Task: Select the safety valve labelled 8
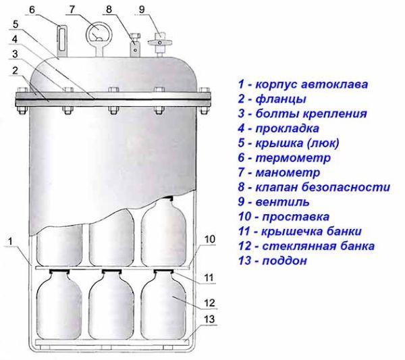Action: tap(134, 45)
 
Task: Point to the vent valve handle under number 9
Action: tap(160, 42)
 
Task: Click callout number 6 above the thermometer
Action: tap(32, 10)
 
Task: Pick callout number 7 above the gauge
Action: tap(72, 9)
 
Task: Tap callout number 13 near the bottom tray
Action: tap(209, 319)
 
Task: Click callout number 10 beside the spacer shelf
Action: tap(209, 239)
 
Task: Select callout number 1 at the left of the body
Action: tap(10, 241)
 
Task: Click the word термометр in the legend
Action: tap(293, 157)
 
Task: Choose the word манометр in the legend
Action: tap(288, 172)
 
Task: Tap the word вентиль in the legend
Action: tap(282, 202)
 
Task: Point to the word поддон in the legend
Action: tap(285, 261)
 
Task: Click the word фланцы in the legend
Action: tap(281, 99)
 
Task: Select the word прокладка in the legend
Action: tap(288, 128)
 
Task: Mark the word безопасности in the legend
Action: tap(346, 187)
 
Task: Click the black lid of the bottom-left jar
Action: tap(59, 271)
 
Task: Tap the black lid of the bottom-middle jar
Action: tap(111, 271)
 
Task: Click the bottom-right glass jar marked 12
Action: tap(163, 305)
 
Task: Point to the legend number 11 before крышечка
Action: tap(244, 231)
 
